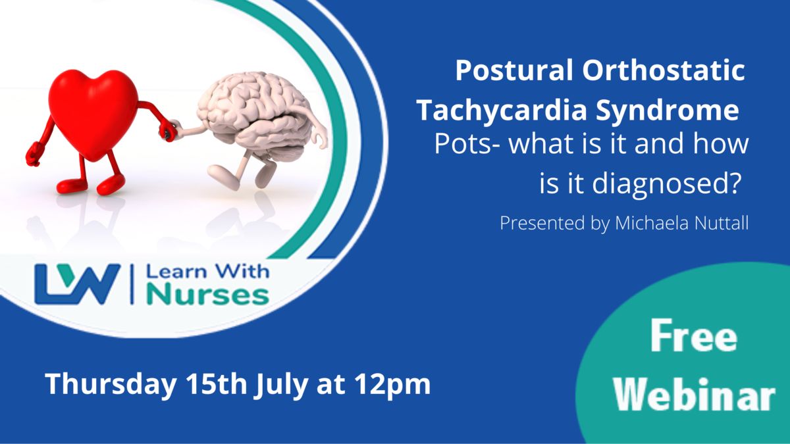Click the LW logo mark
pyautogui.click(x=78, y=284)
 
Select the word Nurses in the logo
pyautogui.click(x=208, y=295)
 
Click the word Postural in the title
pyautogui.click(x=515, y=70)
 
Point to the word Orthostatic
pyautogui.click(x=664, y=70)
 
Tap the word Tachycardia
pyautogui.click(x=502, y=110)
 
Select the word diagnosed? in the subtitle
pyautogui.click(x=664, y=185)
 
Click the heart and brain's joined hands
pyautogui.click(x=172, y=130)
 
